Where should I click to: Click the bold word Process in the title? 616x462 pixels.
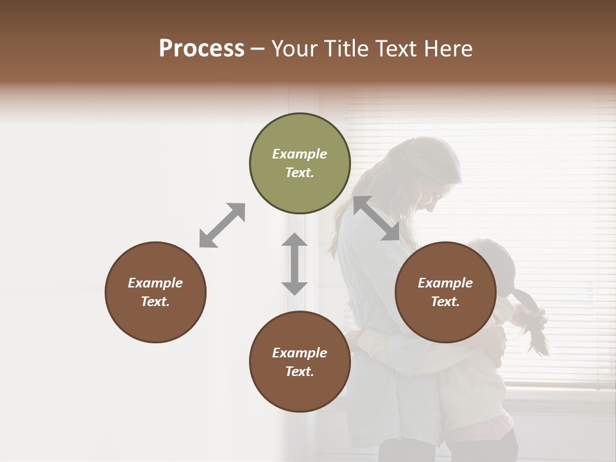coord(201,49)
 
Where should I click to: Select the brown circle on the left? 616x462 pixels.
coord(155,292)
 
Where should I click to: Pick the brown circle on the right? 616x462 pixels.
coord(445,292)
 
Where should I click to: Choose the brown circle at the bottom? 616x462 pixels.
coord(300,362)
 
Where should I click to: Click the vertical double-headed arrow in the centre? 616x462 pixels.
coord(295,264)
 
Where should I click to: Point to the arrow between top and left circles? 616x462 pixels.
coord(222,225)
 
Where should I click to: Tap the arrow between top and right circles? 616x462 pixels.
coord(376,218)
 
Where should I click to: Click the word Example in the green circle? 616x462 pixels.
coord(300,154)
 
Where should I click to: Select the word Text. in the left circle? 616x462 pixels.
coord(155,302)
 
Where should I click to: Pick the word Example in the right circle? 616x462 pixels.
coord(445,283)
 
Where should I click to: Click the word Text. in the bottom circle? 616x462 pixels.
coord(300,372)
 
